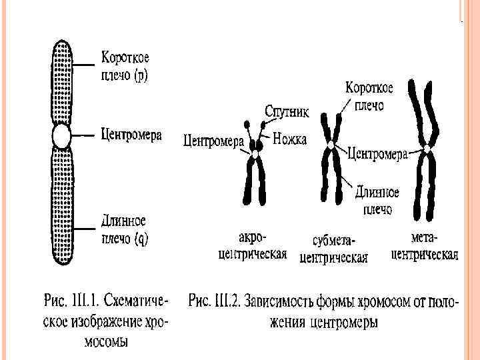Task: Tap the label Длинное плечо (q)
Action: (124, 229)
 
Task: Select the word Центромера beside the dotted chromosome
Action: (131, 135)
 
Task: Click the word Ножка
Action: (290, 140)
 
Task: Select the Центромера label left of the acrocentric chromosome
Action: (213, 141)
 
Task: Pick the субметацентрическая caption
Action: (334, 249)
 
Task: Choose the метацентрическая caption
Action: (424, 245)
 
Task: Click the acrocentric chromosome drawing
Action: (255, 177)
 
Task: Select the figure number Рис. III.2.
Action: (217, 299)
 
